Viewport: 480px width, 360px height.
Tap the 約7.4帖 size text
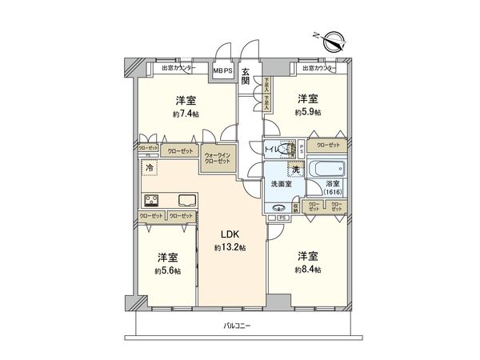185,114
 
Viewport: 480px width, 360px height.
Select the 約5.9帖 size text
307,113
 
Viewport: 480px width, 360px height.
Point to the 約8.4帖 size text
307,270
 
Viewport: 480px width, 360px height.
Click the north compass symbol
334,39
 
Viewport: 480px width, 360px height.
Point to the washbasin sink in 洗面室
279,208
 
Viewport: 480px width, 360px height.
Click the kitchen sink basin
186,200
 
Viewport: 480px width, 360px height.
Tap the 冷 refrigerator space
150,168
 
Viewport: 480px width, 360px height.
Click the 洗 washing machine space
295,170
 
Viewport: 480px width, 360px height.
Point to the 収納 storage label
295,207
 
